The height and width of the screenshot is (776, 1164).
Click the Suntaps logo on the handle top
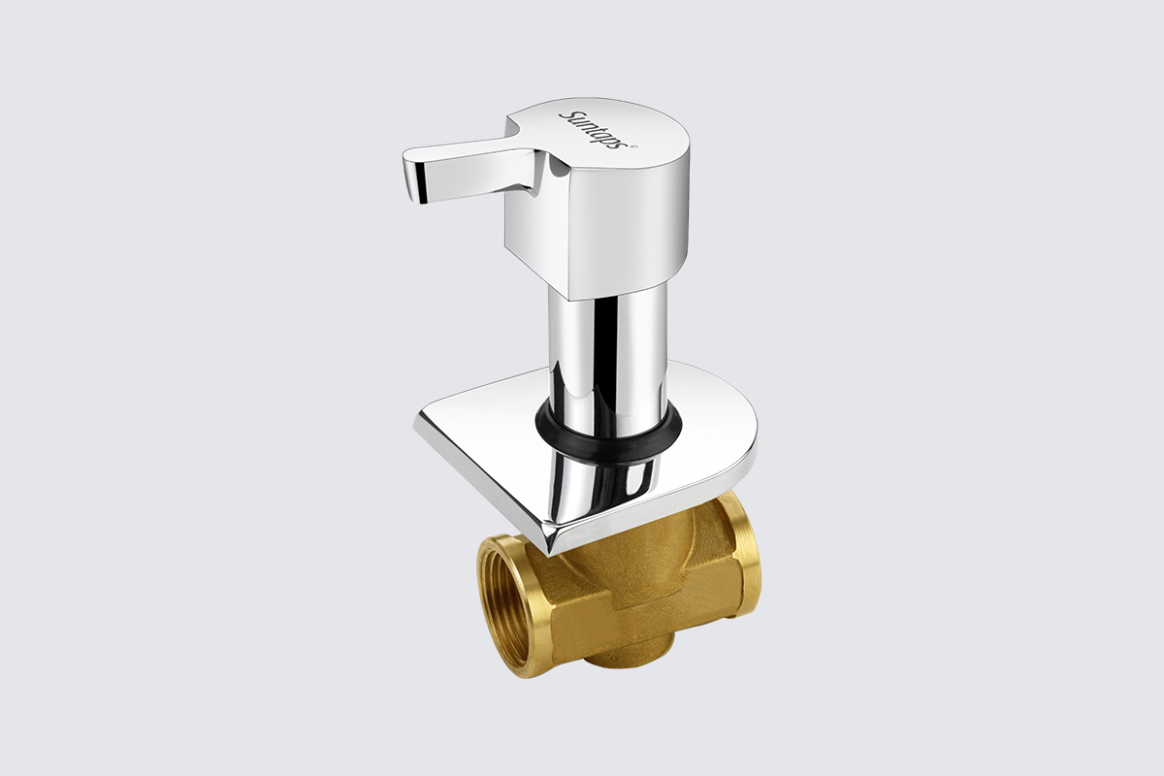[x=593, y=129]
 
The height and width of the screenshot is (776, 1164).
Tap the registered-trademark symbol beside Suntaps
[x=633, y=147]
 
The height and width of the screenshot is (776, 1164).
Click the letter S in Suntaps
[x=565, y=114]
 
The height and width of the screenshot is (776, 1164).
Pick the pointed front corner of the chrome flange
[x=550, y=549]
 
